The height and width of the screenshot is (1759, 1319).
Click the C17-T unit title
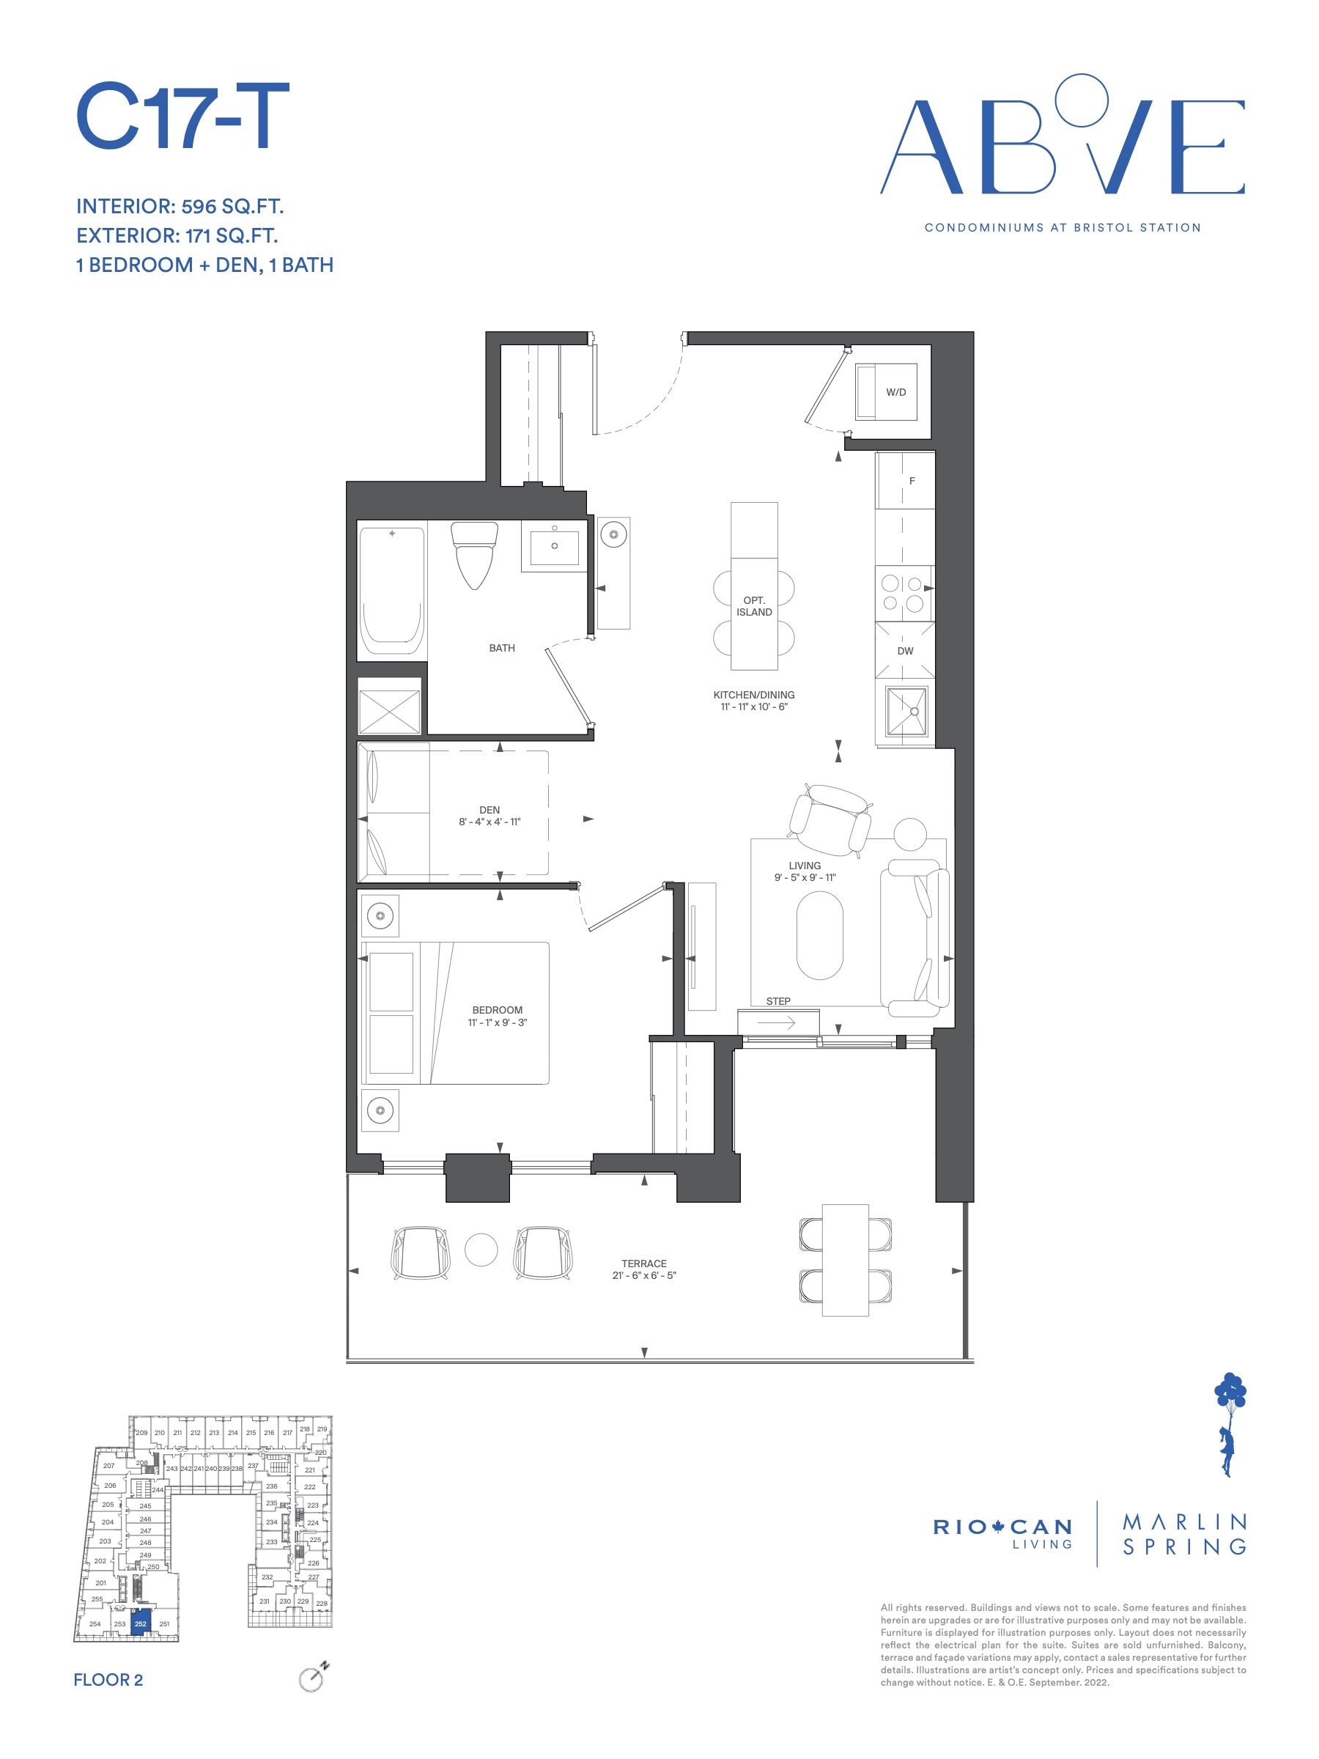point(182,118)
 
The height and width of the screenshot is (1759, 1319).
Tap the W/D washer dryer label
point(895,392)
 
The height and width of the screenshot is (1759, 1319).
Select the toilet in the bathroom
point(474,554)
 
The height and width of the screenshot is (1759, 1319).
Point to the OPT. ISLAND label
point(754,606)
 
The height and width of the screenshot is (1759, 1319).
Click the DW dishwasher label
point(905,651)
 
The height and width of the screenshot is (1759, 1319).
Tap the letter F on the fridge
point(912,481)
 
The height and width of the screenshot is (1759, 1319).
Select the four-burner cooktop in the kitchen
point(905,593)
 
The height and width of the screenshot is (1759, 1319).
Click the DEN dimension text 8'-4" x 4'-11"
point(489,822)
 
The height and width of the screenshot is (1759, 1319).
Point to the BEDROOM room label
point(497,1010)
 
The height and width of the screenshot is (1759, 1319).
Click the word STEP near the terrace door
point(777,1001)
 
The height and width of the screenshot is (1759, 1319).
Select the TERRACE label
point(644,1264)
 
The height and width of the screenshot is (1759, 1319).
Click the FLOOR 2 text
point(108,1680)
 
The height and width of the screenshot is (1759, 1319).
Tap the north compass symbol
point(312,1677)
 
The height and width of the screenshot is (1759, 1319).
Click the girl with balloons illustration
point(1229,1424)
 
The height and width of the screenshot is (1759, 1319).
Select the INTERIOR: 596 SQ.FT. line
point(180,207)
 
